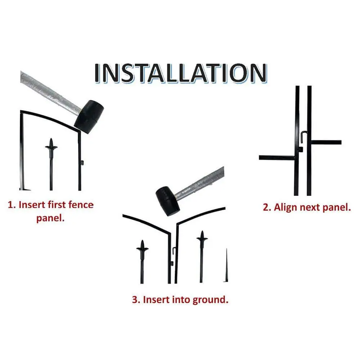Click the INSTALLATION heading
pos(181,73)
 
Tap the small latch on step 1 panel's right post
pos(82,163)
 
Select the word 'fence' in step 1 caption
pos(81,204)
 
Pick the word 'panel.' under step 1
pos(50,217)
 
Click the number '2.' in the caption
pos(267,207)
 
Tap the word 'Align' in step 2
pos(286,208)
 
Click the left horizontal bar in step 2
pos(277,158)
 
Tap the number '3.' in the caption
pos(136,300)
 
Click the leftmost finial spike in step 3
pos(142,261)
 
